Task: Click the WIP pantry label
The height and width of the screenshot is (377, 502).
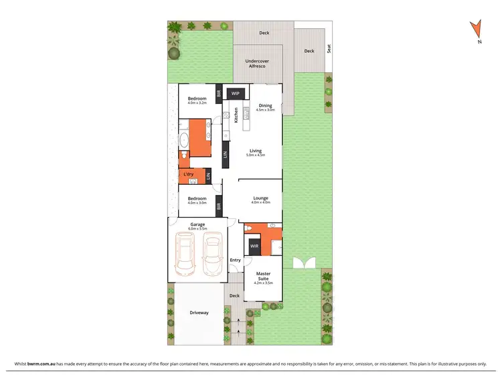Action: coord(235,94)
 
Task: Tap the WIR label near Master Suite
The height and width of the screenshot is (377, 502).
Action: coord(254,246)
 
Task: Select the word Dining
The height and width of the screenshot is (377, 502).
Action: coord(266,105)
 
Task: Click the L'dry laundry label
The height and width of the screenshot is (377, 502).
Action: coord(189,175)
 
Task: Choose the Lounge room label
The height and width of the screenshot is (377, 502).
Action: coord(261,198)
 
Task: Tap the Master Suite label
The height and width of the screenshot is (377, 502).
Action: coord(262,275)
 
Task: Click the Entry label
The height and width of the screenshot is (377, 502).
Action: coord(235,260)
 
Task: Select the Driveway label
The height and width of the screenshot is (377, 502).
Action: coord(199,312)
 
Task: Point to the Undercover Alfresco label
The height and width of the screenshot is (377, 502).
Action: coord(258,64)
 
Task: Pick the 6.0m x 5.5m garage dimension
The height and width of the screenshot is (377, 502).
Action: coord(197,229)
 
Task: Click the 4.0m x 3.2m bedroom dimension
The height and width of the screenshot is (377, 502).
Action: coord(197,103)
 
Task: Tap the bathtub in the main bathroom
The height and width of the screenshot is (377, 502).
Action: coord(183,141)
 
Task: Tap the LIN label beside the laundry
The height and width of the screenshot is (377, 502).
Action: coord(208,176)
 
